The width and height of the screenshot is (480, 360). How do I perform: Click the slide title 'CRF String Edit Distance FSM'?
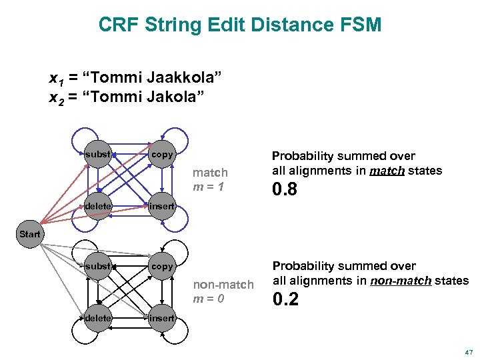coord(240,25)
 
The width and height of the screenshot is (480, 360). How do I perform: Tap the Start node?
coord(30,234)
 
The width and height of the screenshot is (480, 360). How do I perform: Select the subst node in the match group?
coord(98,155)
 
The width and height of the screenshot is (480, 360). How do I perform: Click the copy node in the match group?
coord(162,155)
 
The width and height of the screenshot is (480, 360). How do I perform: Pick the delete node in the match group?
coord(98,206)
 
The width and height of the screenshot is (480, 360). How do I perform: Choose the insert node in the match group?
coord(162,206)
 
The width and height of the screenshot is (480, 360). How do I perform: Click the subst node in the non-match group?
coord(98,266)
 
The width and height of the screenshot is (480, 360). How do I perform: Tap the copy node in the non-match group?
coord(162,266)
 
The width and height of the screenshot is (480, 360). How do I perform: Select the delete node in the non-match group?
coord(98,318)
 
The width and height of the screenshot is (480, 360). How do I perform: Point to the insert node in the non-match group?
coord(162,318)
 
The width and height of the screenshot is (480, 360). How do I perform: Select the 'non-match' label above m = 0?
coord(223,284)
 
